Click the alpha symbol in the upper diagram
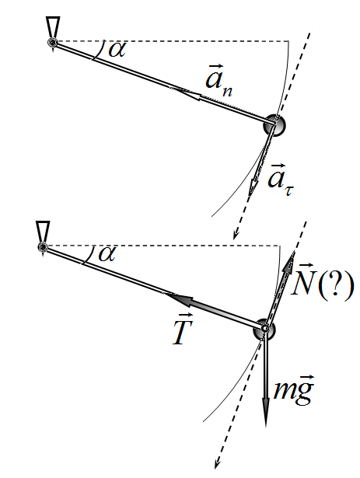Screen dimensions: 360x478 click(x=117, y=50)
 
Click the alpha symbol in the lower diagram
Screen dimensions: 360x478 click(x=107, y=254)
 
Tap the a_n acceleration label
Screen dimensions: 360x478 click(x=218, y=80)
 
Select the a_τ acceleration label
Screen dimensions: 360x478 click(x=281, y=180)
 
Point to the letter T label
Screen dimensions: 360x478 click(x=182, y=330)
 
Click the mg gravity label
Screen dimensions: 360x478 click(x=293, y=389)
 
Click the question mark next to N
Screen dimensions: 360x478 click(x=335, y=285)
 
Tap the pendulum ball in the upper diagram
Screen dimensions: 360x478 click(x=275, y=125)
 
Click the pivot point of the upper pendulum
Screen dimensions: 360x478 click(x=53, y=43)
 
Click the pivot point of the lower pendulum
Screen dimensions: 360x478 click(x=43, y=246)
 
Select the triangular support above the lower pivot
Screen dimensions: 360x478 click(x=43, y=232)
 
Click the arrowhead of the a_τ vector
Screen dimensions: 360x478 click(x=253, y=186)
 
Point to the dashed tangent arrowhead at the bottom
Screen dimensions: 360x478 click(x=217, y=463)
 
